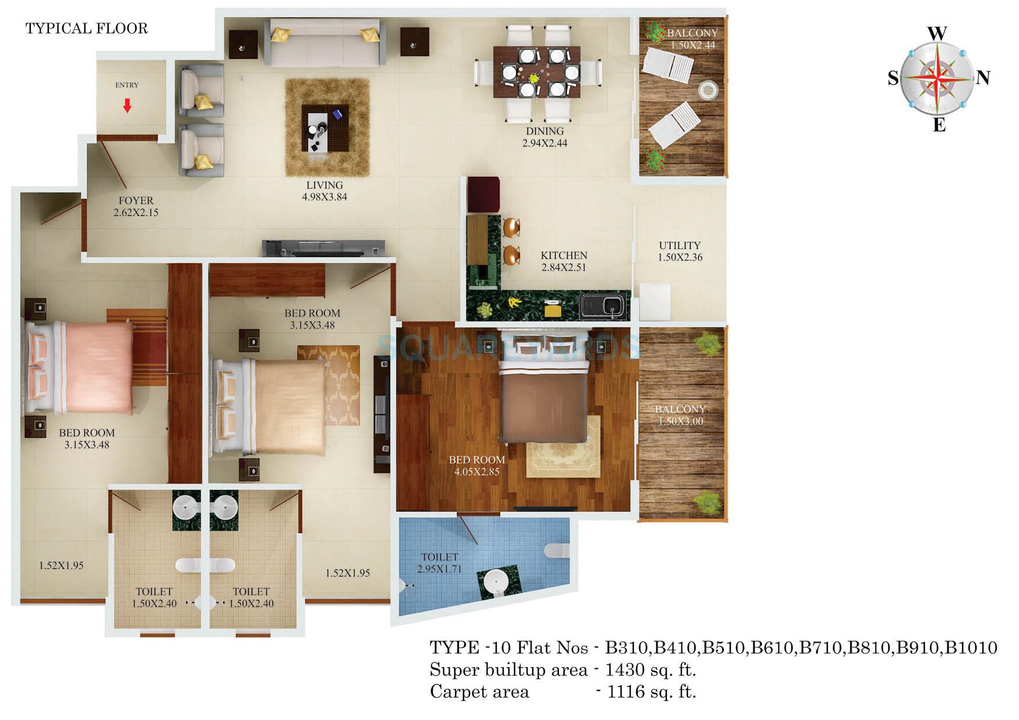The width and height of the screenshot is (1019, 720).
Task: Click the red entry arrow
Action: [x=127, y=105]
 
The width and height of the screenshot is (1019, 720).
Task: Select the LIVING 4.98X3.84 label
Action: [x=324, y=191]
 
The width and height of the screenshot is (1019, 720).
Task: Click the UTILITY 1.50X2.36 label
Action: [x=680, y=251]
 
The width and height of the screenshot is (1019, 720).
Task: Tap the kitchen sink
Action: [x=604, y=305]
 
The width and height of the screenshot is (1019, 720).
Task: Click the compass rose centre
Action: [x=936, y=78]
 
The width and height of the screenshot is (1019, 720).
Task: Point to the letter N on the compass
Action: [x=983, y=78]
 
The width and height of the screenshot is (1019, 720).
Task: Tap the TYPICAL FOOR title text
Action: [x=87, y=28]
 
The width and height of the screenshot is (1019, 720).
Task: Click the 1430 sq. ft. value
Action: [x=650, y=670]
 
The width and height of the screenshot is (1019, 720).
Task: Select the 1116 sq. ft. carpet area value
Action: [x=651, y=692]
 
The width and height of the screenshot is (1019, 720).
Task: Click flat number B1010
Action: [x=971, y=647]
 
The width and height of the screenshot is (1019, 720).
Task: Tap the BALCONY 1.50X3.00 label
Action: [x=680, y=415]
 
